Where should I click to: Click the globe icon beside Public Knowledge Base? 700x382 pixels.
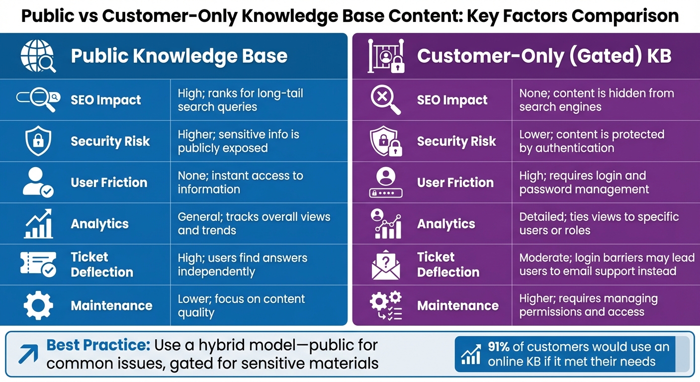[x=38, y=56]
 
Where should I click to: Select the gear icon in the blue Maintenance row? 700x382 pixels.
[x=38, y=305]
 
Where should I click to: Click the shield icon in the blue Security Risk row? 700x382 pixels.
[x=38, y=141]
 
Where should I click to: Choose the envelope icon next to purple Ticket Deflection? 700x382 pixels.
[x=386, y=265]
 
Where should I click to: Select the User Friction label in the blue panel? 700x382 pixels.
[x=109, y=183]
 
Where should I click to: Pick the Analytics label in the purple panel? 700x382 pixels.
[x=446, y=224]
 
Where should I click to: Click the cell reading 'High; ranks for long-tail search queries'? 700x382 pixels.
[x=240, y=100]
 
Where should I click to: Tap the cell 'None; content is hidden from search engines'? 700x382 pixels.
[x=597, y=100]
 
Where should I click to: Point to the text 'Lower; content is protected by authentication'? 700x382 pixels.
[x=592, y=141]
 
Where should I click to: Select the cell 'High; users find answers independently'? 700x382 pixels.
[x=243, y=265]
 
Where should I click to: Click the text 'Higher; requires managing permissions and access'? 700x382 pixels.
[x=589, y=305]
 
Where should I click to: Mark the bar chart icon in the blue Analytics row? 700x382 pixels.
[x=38, y=224]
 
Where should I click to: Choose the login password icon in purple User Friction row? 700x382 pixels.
[x=386, y=183]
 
